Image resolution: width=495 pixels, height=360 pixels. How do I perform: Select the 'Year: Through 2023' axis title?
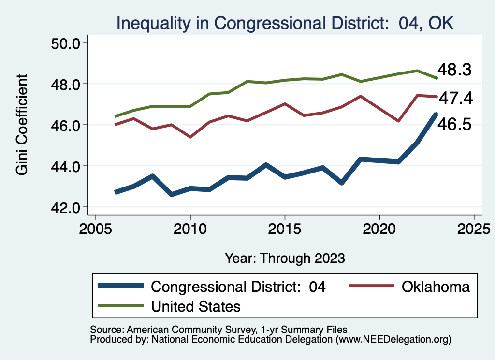(x=285, y=258)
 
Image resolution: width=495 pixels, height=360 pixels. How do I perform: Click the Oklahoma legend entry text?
(x=435, y=287)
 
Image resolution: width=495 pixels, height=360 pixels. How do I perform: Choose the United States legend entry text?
(x=196, y=306)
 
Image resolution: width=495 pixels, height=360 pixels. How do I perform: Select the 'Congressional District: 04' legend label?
(x=238, y=287)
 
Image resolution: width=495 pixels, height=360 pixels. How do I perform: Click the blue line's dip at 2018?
(x=342, y=183)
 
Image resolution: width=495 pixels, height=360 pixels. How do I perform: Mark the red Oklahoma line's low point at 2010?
(x=190, y=137)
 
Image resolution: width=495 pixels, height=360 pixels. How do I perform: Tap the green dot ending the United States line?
(x=436, y=78)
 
